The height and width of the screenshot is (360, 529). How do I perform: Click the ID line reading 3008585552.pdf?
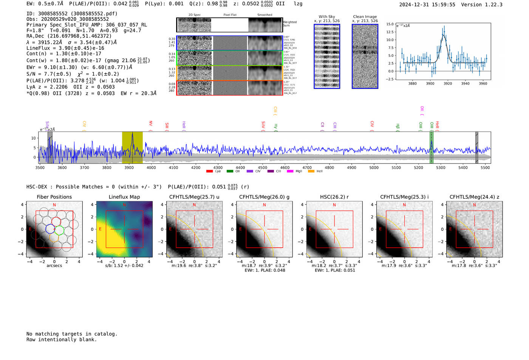coord(72,14)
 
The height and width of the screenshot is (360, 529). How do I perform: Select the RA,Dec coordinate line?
coord(69,36)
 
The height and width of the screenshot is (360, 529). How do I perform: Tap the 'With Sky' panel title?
coord(327,17)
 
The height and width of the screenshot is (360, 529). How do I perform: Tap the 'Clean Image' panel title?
coord(365,17)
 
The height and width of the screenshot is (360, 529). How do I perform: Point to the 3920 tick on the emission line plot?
coord(448,83)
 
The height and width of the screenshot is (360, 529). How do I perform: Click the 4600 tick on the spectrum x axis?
coord(285,167)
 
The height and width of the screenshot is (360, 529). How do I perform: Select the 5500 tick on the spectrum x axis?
coord(485,167)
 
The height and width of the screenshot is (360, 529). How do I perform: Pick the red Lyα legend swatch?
coord(210,172)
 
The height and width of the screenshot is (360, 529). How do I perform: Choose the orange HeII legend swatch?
coord(311,172)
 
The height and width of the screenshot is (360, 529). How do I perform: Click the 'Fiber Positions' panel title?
coord(54,197)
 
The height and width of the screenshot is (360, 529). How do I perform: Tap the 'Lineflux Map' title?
coord(124,197)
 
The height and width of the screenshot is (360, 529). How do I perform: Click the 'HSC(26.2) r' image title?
coord(334,197)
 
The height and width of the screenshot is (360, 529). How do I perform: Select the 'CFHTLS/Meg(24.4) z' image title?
coord(474,197)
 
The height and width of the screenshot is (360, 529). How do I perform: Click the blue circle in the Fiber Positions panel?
coord(50,229)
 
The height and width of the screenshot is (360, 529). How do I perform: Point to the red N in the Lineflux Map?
coord(124,205)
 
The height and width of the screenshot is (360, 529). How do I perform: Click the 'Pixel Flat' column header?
coord(230,15)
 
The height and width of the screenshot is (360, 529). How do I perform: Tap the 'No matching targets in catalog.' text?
coord(72,334)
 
